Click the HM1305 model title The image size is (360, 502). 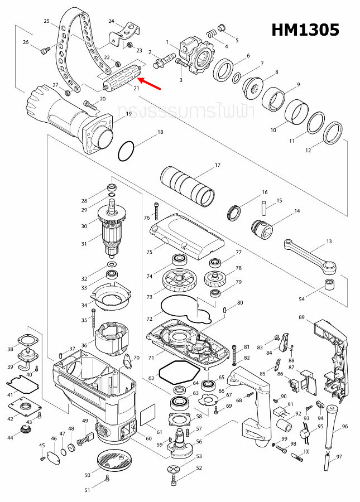305,30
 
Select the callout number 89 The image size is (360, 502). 301,317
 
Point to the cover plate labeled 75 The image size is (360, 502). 186,234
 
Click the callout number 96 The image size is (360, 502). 344,427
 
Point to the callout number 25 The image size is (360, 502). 47,21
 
